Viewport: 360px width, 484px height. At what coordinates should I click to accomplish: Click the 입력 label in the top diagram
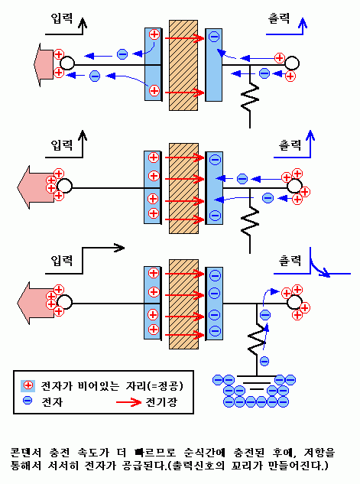61,18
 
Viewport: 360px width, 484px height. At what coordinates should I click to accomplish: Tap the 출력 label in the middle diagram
290,145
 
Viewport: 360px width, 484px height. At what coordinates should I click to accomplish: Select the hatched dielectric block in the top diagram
183,65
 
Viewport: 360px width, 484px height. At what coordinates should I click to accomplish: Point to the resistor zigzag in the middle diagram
250,221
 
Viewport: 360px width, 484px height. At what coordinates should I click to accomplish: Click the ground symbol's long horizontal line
257,376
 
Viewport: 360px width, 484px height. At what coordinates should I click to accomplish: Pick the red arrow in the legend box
128,402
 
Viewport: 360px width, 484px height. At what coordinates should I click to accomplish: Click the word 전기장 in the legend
161,402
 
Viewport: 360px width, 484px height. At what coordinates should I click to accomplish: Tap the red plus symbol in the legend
28,385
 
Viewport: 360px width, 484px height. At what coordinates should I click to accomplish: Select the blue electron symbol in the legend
28,401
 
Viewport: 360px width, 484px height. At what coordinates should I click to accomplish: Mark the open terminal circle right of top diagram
291,63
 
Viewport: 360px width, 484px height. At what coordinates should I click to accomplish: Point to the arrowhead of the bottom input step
120,248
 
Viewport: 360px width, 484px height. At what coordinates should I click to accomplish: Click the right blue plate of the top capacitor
213,65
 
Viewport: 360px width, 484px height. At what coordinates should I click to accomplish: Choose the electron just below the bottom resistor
264,361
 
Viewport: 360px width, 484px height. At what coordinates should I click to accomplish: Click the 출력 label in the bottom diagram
290,261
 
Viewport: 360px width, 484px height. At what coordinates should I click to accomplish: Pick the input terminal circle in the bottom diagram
65,302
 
